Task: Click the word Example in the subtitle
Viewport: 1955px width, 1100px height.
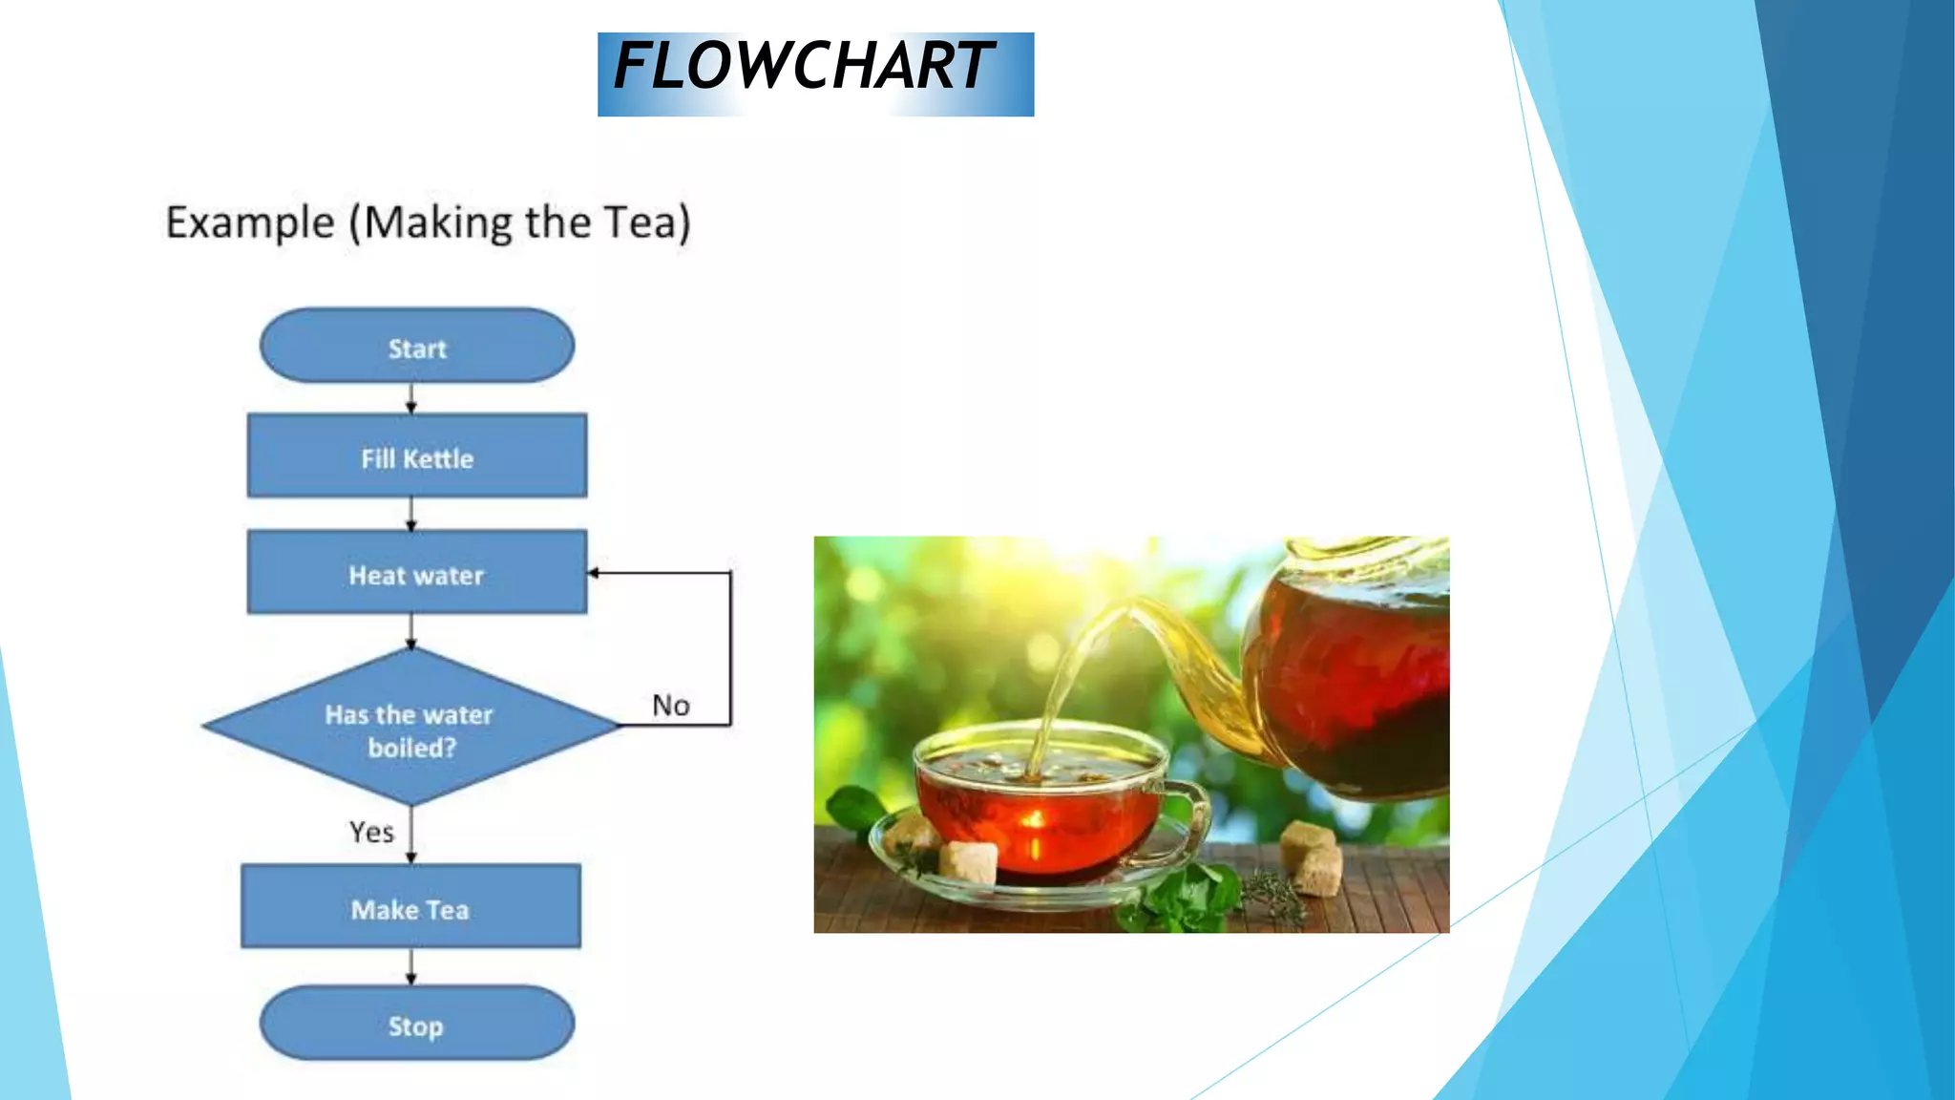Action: pyautogui.click(x=250, y=222)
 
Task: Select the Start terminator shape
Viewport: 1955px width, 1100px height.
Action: pyautogui.click(x=417, y=347)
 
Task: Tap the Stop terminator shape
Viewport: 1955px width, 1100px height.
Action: pyautogui.click(x=417, y=1025)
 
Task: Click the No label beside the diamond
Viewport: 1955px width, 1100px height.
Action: pyautogui.click(x=671, y=706)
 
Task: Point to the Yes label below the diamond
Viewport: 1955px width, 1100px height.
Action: pyautogui.click(x=371, y=833)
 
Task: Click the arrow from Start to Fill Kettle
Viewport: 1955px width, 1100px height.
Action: pyautogui.click(x=411, y=399)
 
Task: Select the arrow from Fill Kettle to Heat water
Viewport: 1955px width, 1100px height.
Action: pyautogui.click(x=411, y=514)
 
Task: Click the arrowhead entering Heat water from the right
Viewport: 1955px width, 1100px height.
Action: pyautogui.click(x=594, y=573)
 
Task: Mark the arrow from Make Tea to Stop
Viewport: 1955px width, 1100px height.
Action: pyautogui.click(x=411, y=966)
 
